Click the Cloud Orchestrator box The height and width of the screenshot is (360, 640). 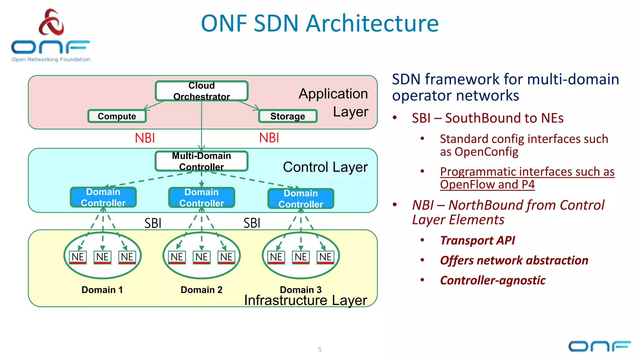pos(202,91)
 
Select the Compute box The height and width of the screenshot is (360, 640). pos(117,116)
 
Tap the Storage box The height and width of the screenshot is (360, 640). pos(287,116)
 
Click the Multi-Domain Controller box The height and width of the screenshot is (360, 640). pos(202,161)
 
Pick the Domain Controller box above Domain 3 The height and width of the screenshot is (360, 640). pos(301,199)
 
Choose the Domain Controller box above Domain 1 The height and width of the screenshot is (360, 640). pos(103,197)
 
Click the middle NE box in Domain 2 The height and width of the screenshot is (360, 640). pos(202,257)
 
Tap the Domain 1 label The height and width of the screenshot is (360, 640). pos(102,290)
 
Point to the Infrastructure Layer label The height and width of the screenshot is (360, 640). pos(305,300)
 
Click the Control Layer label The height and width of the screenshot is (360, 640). pos(325,167)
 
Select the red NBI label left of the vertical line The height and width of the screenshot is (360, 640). pos(145,138)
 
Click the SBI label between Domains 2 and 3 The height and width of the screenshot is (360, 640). pos(252,223)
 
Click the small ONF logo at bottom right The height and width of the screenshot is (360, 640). pos(599,346)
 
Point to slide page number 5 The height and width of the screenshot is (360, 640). pos(320,349)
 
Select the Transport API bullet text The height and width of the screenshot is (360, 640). pos(477,240)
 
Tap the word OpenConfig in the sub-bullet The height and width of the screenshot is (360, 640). pos(486,152)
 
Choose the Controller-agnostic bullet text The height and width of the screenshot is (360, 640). pos(492,280)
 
